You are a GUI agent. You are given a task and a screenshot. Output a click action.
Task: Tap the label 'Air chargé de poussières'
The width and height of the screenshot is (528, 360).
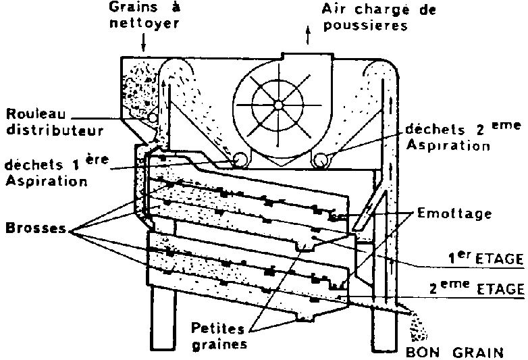pyautogui.click(x=379, y=18)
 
